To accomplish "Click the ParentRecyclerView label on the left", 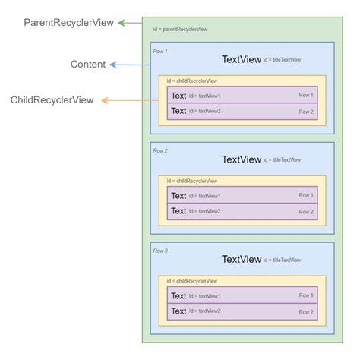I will click(68, 23).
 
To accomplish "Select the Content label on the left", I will click(88, 65).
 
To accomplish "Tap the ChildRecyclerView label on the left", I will click(52, 100).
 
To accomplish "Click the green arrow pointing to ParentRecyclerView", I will click(130, 23).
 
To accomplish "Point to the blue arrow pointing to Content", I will click(129, 65).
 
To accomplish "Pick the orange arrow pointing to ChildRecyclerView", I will click(129, 100).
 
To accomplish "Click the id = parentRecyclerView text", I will click(180, 29).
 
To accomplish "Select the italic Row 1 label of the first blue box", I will click(160, 51).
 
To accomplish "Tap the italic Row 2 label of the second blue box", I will click(160, 151).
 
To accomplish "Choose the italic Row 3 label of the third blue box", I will click(160, 251).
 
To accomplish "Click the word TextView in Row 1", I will click(241, 59).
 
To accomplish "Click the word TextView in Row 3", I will click(241, 259).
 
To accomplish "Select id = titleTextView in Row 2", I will click(282, 160).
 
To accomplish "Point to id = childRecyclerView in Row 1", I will click(192, 81).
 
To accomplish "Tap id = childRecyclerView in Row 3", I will click(192, 281).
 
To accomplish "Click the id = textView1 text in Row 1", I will click(205, 96).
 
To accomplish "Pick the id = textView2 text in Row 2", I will click(205, 211).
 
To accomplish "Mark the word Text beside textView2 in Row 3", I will click(178, 311).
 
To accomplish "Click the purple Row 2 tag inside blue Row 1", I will click(305, 112).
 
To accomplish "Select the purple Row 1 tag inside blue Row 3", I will click(305, 296).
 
